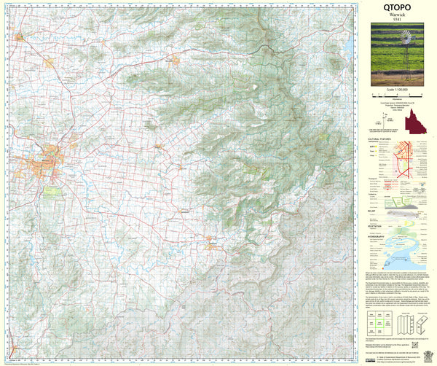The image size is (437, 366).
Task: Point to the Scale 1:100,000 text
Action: tap(397, 88)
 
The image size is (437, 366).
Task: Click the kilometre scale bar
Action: tap(397, 96)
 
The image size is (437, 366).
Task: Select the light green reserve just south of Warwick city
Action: tap(53, 192)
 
